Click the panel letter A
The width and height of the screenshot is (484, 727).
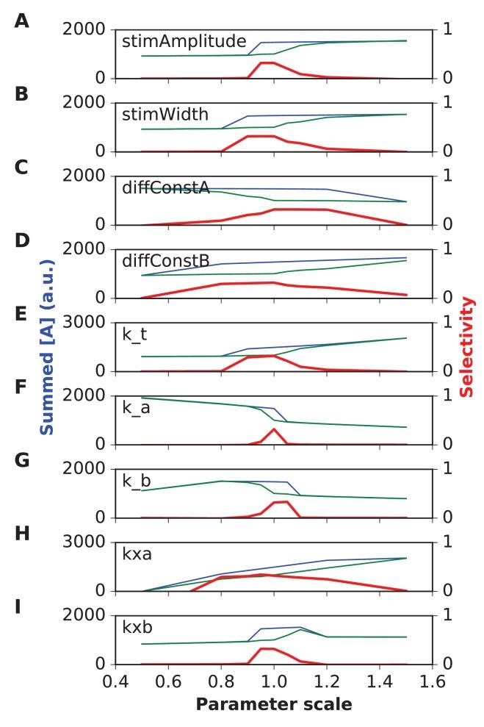tap(22, 21)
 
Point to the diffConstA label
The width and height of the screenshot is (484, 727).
tap(166, 187)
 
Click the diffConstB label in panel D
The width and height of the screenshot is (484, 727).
tap(166, 260)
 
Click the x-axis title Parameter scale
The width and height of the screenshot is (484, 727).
tap(273, 704)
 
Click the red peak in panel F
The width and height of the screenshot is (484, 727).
tap(274, 429)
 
